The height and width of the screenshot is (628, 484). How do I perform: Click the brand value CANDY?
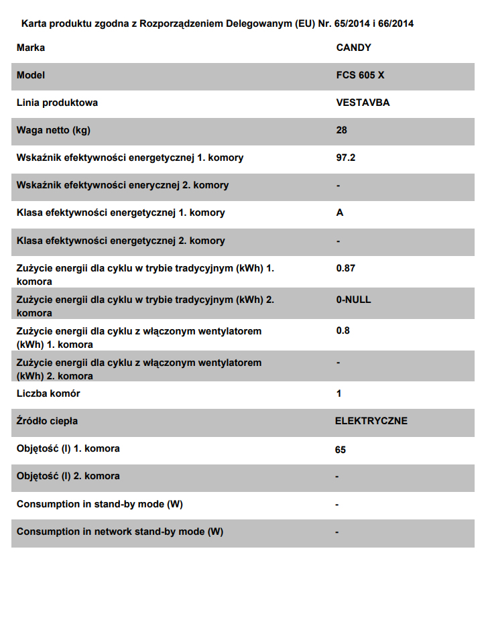[x=353, y=48]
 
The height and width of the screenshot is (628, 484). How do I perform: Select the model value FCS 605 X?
[x=360, y=75]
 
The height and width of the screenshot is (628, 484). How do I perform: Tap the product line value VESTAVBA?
[x=363, y=103]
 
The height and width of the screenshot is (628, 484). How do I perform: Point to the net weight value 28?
[x=341, y=130]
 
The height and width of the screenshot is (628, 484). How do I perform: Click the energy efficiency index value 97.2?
[x=345, y=158]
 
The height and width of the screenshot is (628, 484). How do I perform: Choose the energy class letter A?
[x=340, y=212]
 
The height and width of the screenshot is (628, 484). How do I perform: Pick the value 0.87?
[x=345, y=268]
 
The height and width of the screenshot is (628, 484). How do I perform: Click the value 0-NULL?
[x=353, y=300]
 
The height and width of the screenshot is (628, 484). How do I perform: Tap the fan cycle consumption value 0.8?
[x=343, y=330]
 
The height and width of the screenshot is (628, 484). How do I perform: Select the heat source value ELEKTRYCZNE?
[x=371, y=421]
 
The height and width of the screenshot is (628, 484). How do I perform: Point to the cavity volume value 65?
[x=341, y=450]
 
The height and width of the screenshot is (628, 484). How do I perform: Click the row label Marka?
[x=31, y=48]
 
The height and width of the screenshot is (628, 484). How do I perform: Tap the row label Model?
[x=31, y=75]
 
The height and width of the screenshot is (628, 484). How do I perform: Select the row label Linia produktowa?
[x=57, y=103]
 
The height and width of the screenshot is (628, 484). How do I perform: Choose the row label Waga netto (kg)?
[x=53, y=130]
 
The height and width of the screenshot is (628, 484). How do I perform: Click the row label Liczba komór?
[x=48, y=393]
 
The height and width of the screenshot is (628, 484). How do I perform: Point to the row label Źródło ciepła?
[x=47, y=421]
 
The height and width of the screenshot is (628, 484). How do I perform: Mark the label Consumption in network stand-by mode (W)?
[x=120, y=531]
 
